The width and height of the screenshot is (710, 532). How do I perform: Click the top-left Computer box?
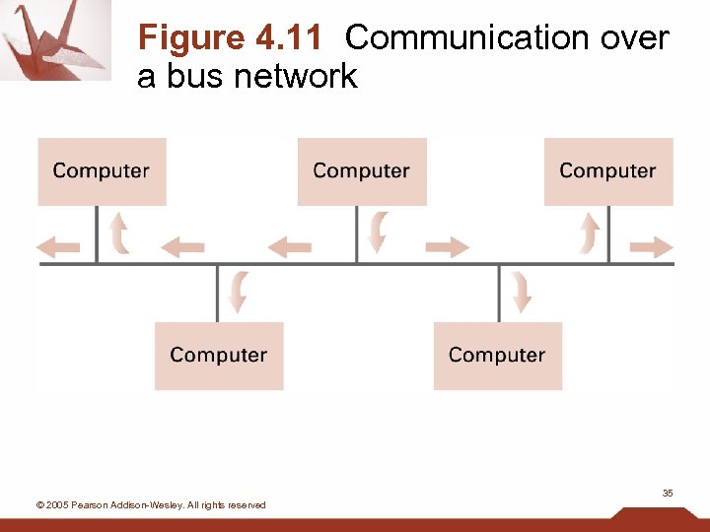102,171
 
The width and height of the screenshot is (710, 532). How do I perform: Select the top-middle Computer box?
362,171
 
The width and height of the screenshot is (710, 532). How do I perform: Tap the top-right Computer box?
608,171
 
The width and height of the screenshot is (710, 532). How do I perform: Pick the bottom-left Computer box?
219,356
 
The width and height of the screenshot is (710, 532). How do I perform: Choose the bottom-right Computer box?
497,356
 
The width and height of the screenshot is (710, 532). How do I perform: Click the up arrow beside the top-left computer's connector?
119,233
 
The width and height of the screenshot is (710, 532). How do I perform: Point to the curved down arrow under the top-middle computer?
377,233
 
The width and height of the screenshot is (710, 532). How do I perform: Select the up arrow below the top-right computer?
590,233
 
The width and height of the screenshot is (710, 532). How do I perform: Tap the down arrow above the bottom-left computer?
238,292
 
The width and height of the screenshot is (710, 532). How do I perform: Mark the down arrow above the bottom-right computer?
520,292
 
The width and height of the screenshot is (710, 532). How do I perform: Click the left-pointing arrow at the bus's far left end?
58,247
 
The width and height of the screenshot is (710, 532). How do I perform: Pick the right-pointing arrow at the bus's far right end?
652,247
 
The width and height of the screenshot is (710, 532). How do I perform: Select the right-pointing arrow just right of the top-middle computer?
447,247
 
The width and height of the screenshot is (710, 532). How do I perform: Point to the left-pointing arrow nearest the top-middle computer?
290,247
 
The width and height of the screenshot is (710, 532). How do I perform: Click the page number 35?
668,493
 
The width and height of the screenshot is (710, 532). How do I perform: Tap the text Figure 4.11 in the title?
230,38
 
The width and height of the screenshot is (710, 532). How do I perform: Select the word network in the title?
296,76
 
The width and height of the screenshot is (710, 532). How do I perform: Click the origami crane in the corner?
54,39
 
